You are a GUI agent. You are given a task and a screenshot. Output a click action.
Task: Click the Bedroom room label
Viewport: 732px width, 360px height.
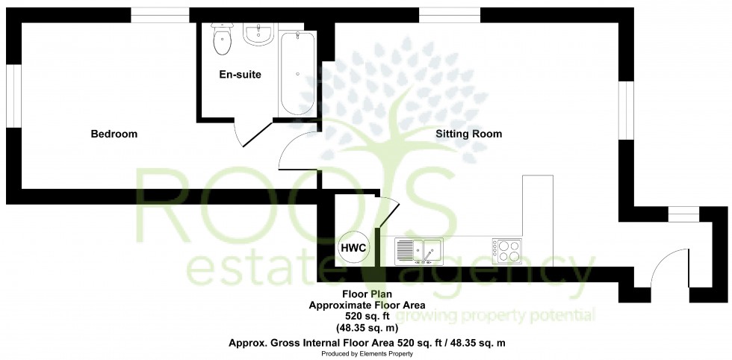click(x=114, y=134)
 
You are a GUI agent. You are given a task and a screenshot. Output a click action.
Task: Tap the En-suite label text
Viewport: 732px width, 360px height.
click(x=240, y=75)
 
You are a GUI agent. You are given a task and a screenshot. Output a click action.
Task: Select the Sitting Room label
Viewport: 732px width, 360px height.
click(x=469, y=134)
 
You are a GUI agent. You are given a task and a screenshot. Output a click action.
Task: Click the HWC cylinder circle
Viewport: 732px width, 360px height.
click(x=353, y=248)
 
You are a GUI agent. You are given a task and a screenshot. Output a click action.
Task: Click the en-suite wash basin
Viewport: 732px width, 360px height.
click(x=261, y=34)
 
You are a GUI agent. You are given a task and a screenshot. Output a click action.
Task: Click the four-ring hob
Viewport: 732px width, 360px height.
click(x=507, y=250)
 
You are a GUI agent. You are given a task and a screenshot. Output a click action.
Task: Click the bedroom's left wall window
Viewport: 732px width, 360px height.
click(x=13, y=96)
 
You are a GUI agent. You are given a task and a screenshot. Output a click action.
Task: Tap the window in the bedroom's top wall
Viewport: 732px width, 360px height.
click(x=160, y=14)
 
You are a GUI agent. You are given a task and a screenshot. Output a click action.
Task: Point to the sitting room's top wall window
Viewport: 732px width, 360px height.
click(x=450, y=14)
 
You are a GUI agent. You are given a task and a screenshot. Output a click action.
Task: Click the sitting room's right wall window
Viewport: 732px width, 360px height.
click(x=626, y=110)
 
